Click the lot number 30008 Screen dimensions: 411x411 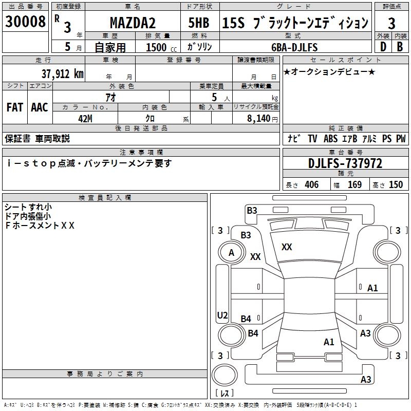point(25,22)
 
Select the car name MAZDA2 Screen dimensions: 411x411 point(133,23)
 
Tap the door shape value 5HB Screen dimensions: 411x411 point(199,23)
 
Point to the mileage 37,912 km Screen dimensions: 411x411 point(63,74)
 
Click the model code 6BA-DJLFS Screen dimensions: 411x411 point(294,47)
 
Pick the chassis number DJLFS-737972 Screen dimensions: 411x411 point(345,163)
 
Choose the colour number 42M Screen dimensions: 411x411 point(85,119)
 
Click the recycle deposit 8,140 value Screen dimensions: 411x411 point(259,119)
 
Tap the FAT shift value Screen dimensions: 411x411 point(15,107)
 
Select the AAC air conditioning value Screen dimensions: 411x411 point(40,107)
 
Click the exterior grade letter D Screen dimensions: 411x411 point(383,47)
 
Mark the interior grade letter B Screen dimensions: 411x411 point(400,47)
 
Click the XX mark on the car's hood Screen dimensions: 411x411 point(287,247)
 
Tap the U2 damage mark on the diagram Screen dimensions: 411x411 point(222,315)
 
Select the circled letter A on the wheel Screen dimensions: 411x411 point(231,253)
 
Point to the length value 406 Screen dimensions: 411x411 point(311,185)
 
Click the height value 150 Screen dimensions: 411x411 point(396,185)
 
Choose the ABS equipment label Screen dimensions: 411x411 point(330,139)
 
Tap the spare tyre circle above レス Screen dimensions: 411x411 point(225,375)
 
